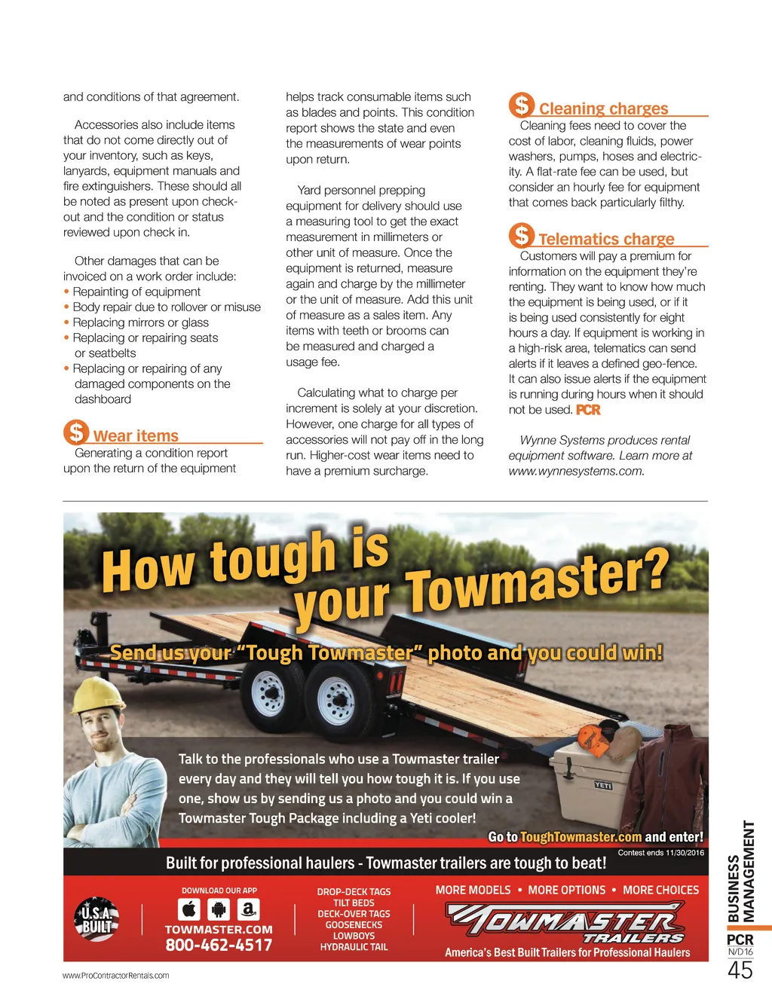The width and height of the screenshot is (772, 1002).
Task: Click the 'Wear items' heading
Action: point(136,436)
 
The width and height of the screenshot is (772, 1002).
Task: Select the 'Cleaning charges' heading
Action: point(603,108)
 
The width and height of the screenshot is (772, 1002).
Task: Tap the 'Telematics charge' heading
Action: point(606,240)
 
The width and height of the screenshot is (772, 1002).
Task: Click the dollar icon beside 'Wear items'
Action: point(76,432)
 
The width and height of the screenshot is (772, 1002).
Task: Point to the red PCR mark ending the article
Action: point(588,410)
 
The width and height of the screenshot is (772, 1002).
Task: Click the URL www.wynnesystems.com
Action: point(576,471)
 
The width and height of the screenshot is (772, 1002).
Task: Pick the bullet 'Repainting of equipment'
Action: point(136,292)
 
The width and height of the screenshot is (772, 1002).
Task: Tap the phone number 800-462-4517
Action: point(219,945)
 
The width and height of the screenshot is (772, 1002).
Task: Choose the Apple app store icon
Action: point(189,909)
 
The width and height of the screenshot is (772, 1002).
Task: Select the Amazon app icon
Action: point(248,909)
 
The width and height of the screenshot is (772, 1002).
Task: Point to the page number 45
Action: point(740,970)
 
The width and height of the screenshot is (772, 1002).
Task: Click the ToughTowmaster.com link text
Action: point(581,837)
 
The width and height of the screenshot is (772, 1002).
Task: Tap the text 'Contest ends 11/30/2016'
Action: point(661,853)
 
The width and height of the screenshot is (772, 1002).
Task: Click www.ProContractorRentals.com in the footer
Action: point(115,976)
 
